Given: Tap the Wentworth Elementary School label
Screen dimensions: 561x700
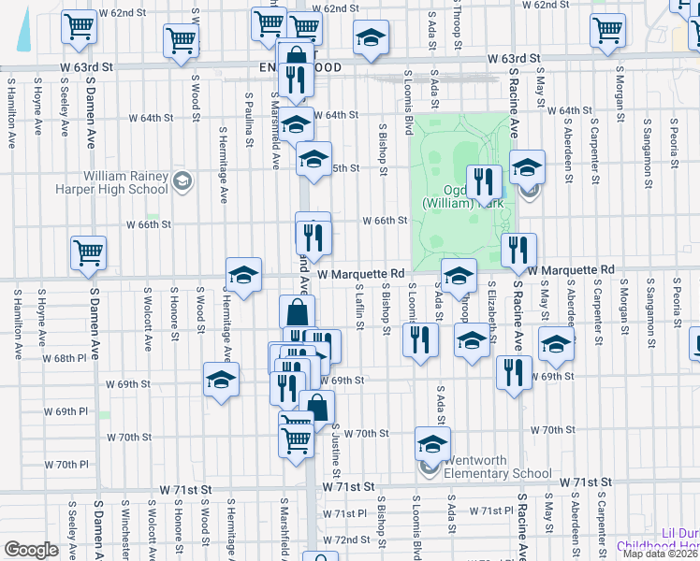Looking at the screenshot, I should tap(497, 467).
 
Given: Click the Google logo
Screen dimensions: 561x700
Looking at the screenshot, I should tap(31, 550).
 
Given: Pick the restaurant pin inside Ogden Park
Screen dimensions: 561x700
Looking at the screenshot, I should tap(484, 180).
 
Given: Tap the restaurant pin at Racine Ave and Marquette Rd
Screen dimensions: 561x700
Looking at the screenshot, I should tap(518, 250).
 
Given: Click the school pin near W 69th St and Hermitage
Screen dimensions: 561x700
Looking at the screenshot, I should tap(221, 380).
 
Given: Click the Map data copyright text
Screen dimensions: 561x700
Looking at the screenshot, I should tap(663, 554).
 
